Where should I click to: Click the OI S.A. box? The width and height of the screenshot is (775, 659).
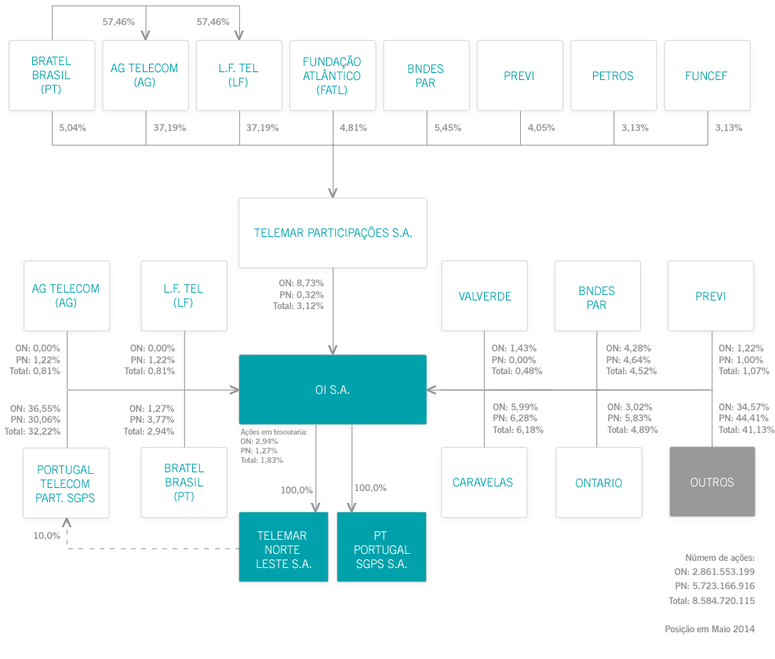333,390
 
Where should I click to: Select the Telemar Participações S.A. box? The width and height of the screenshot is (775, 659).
333,233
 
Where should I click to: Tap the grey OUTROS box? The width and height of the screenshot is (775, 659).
712,482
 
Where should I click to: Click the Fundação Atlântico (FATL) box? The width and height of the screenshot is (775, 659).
332,75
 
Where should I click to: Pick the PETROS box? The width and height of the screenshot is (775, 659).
613,76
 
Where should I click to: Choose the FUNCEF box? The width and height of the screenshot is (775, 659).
706,76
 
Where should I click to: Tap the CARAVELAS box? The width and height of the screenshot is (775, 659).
482,482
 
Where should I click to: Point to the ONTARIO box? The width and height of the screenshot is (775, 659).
599,482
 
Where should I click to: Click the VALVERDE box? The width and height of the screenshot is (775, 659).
485,296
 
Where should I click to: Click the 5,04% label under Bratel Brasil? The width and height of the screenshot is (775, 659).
73,127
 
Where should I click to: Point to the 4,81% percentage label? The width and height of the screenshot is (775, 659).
353,127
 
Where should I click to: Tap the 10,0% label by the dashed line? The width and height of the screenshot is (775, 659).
46,535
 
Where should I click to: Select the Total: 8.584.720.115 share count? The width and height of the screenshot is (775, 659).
711,601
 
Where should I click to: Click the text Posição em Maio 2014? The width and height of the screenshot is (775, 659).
709,628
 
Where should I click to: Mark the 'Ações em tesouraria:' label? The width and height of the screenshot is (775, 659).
274,431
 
